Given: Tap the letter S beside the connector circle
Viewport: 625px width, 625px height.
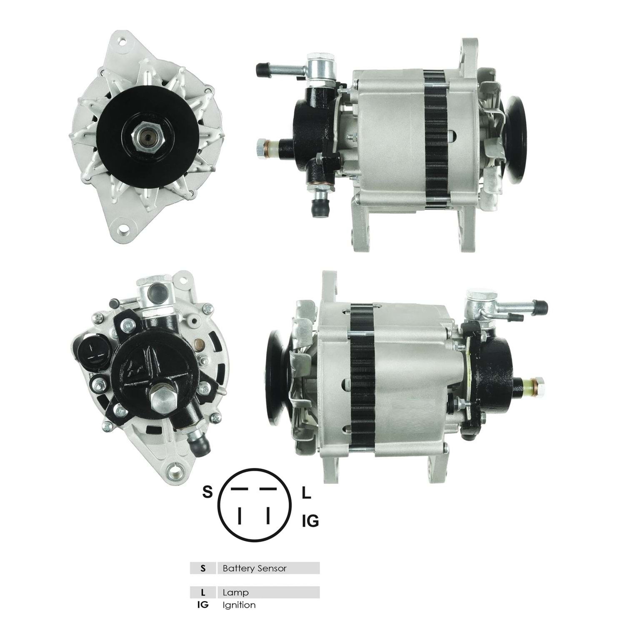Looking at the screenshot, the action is [207, 492].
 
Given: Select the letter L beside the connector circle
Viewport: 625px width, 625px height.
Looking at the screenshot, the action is [306, 493].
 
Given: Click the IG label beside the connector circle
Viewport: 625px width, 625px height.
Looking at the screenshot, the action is [310, 521].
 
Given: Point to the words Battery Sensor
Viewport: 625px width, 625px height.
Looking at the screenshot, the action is [255, 568].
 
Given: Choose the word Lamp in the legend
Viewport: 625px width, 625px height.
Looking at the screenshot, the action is [235, 592].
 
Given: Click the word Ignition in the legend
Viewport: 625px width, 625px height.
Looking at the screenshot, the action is [239, 605].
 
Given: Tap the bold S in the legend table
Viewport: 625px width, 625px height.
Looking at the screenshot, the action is [203, 568].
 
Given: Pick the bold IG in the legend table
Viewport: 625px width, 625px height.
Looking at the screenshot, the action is [203, 605].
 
